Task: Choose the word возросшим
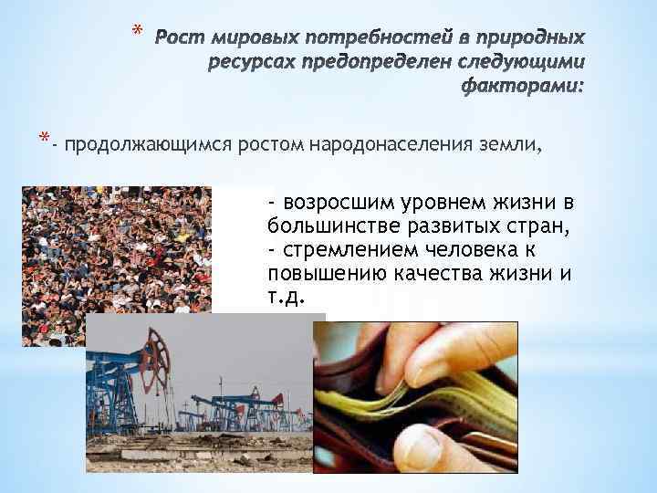tap(346, 201)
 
